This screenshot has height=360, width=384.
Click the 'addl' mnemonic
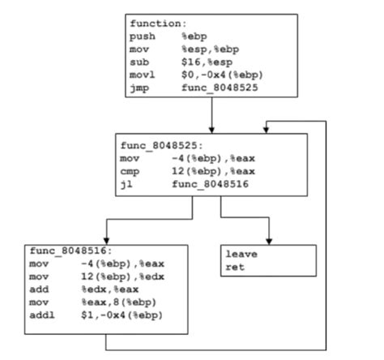pos(41,315)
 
